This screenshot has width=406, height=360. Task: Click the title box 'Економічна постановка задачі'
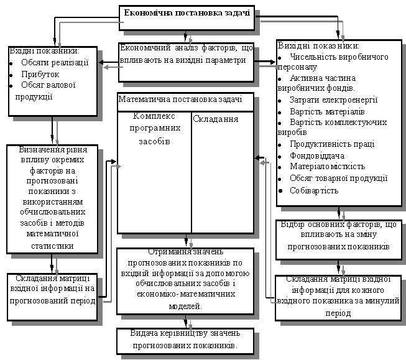click(187, 14)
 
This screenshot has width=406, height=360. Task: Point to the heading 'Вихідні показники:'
click(318, 46)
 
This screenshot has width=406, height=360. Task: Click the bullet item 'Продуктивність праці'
click(331, 144)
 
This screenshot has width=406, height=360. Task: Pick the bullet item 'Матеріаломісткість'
click(326, 167)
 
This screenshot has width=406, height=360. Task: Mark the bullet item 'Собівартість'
click(313, 190)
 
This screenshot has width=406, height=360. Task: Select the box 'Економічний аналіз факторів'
click(187, 54)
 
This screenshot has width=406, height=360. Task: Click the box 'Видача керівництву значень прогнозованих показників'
click(184, 339)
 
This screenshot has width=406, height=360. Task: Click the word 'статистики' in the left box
click(52, 245)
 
